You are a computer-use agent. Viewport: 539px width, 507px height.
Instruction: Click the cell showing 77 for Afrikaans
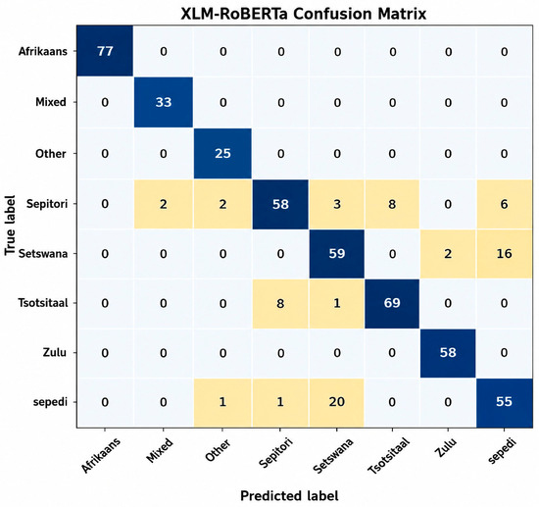105,51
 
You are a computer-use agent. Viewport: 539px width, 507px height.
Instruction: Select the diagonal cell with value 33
164,102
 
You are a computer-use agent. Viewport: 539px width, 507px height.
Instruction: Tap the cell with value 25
222,153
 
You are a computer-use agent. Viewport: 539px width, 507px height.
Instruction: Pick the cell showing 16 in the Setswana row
504,253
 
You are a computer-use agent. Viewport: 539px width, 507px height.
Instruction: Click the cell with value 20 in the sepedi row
336,402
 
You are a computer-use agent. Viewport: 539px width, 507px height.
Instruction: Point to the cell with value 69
392,303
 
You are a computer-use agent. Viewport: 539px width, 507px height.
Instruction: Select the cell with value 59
336,253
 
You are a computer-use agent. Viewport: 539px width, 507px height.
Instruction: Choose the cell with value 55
505,402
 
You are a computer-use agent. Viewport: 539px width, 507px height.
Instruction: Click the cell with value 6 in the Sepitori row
504,204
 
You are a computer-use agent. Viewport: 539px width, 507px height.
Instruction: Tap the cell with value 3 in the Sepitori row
336,204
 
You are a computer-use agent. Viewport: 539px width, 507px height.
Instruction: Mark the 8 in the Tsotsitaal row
280,303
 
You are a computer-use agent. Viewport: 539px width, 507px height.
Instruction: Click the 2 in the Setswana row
448,253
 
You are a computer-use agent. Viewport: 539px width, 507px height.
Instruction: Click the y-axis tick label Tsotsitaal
43,303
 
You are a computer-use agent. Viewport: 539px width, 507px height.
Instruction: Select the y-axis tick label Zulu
55,353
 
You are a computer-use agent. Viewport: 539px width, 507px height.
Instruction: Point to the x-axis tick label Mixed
160,450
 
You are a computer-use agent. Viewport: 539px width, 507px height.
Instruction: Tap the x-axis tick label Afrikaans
101,455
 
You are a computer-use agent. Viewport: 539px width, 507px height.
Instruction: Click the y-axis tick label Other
51,153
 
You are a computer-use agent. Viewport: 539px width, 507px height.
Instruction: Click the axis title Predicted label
289,495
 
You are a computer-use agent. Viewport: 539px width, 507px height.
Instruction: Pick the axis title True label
10,226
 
